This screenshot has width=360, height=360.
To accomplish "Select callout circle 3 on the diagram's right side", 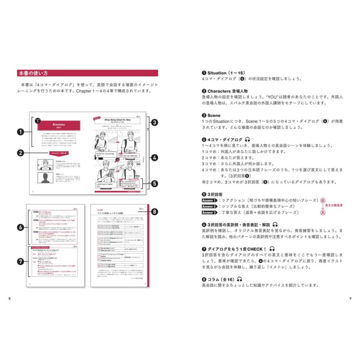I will pos(154,122).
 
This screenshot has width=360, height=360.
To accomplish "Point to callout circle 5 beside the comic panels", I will pos(154,184).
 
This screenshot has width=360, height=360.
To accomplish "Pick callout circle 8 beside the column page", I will pos(154,212).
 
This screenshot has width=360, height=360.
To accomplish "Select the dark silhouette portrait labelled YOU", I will pos(45,178).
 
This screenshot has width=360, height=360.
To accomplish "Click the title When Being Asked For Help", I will pos(118,120).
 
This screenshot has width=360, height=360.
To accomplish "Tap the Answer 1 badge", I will pos(209,200).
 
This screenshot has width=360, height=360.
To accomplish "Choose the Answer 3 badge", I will pos(209,212).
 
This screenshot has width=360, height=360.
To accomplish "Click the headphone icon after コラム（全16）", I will pos(240,279).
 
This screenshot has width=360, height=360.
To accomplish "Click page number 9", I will pos(350,298).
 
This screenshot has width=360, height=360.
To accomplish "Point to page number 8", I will pos(10,298).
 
